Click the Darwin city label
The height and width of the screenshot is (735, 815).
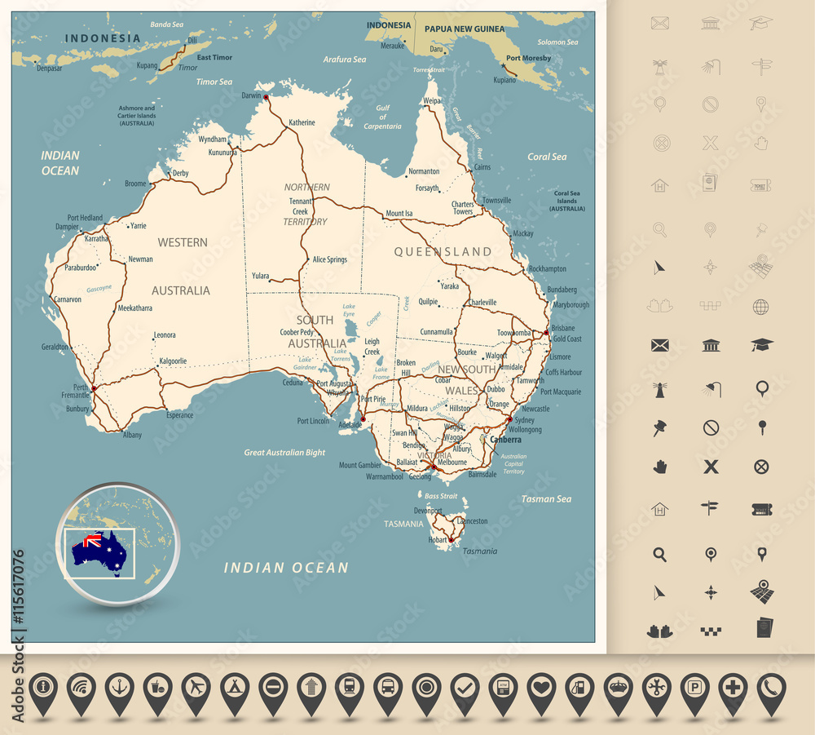(x=251, y=95)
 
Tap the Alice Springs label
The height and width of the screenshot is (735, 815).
(x=329, y=259)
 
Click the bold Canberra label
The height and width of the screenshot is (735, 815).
(x=505, y=440)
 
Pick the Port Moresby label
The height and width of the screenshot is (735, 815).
(x=528, y=58)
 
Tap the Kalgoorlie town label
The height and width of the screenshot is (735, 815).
(x=173, y=360)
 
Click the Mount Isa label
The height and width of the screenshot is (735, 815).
(x=399, y=214)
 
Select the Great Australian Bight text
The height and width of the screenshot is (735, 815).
(x=284, y=452)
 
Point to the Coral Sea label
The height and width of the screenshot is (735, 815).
(x=547, y=157)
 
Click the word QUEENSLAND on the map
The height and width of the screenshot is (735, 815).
(x=443, y=252)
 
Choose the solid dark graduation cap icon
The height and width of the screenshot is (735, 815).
(x=761, y=345)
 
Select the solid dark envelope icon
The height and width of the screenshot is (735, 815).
(x=660, y=345)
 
